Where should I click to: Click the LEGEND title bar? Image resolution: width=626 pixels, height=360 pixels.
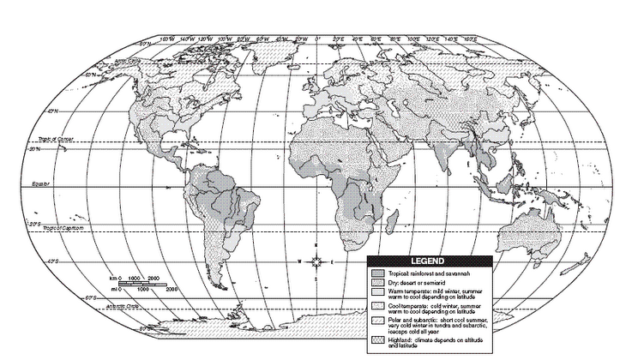pos(425,261)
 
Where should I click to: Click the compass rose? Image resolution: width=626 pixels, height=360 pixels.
pos(316,261)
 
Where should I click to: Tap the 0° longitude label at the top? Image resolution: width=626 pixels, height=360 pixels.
pos(317,39)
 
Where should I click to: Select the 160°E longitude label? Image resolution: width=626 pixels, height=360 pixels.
pos(470,39)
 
